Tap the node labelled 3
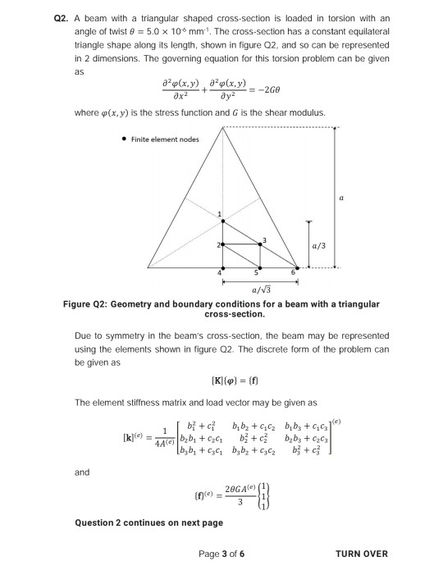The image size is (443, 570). pos(261,244)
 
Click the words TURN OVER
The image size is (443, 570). pos(362,554)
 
